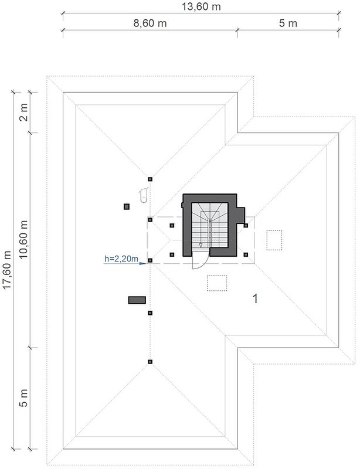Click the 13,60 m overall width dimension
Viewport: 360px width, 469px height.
201,6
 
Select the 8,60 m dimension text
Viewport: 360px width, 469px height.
150,23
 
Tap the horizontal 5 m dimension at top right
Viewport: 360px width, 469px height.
288,23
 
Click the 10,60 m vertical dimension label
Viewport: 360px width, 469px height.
23,239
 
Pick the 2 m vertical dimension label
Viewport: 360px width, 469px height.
23,112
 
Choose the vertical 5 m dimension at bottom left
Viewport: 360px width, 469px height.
23,398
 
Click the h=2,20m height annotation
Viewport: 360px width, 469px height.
121,259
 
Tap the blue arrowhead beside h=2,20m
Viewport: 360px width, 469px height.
142,263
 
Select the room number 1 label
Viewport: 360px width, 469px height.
255,298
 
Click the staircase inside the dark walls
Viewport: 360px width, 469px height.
210,225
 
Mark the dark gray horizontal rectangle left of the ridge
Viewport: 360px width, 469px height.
137,300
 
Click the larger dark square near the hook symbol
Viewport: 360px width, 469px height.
127,206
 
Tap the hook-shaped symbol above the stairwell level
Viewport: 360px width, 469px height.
144,195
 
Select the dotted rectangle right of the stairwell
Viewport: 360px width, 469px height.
274,240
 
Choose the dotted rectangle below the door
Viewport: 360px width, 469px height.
217,283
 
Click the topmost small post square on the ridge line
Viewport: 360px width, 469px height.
150,179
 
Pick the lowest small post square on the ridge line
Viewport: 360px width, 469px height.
150,362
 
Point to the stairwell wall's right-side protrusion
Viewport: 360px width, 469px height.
241,215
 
